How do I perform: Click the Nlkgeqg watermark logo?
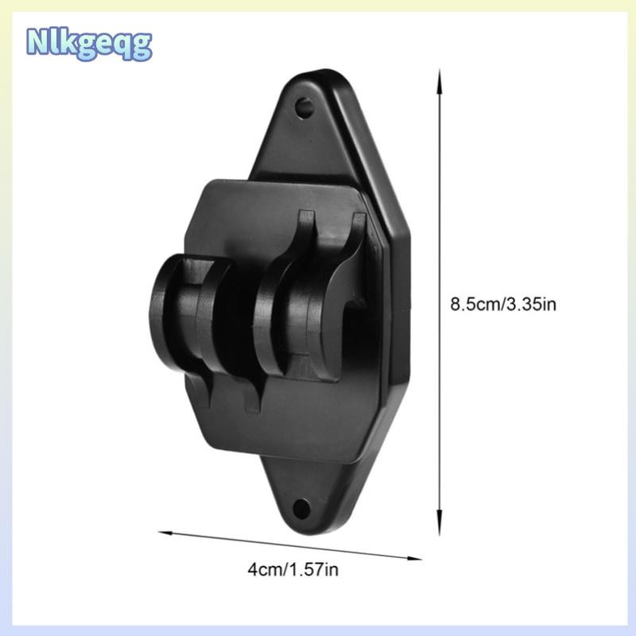point(89,45)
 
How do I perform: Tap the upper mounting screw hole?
point(304,107)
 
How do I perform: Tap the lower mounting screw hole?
point(302,508)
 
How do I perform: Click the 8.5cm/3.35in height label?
point(503,304)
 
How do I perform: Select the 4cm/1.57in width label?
point(293,569)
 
